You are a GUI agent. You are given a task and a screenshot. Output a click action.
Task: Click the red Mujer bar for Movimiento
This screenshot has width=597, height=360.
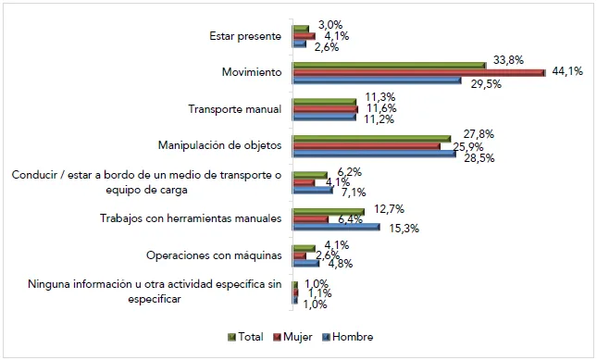(x=418, y=72)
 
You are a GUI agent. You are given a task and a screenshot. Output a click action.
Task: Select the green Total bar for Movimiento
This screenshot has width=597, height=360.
(x=389, y=65)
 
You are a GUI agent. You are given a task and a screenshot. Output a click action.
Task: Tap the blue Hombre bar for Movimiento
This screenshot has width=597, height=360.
(x=377, y=81)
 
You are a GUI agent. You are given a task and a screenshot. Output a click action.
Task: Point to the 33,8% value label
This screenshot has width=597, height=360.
(x=508, y=60)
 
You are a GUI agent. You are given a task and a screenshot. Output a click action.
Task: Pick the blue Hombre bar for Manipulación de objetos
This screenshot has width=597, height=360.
(x=374, y=154)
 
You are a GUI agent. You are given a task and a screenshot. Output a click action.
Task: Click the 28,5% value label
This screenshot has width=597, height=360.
(x=479, y=157)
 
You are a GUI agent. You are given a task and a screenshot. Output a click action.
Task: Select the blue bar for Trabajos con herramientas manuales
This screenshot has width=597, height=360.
(x=336, y=226)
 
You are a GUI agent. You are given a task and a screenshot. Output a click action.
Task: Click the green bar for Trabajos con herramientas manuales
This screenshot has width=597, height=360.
(x=329, y=211)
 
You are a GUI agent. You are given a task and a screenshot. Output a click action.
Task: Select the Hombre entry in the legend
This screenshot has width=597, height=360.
(x=349, y=337)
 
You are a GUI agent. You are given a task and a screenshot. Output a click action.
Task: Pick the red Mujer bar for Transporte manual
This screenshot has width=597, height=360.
(x=325, y=109)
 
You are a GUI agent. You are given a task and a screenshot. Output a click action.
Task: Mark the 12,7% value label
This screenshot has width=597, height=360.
(x=389, y=208)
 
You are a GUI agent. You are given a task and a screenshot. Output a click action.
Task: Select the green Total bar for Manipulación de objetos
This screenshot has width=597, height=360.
(x=369, y=138)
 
